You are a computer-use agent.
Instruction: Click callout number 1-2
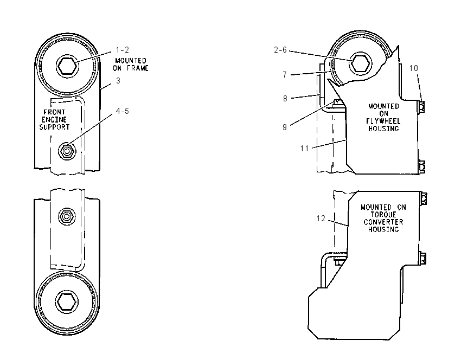123,50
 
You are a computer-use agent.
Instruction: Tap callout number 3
118,81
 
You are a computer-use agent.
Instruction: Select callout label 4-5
123,111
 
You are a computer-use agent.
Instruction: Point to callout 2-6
280,50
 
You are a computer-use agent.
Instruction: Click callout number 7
285,75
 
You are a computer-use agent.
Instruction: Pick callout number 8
285,99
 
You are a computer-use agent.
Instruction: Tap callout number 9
285,127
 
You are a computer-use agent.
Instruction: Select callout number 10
414,68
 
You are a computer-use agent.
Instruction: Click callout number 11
304,149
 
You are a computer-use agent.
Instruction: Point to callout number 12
321,218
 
